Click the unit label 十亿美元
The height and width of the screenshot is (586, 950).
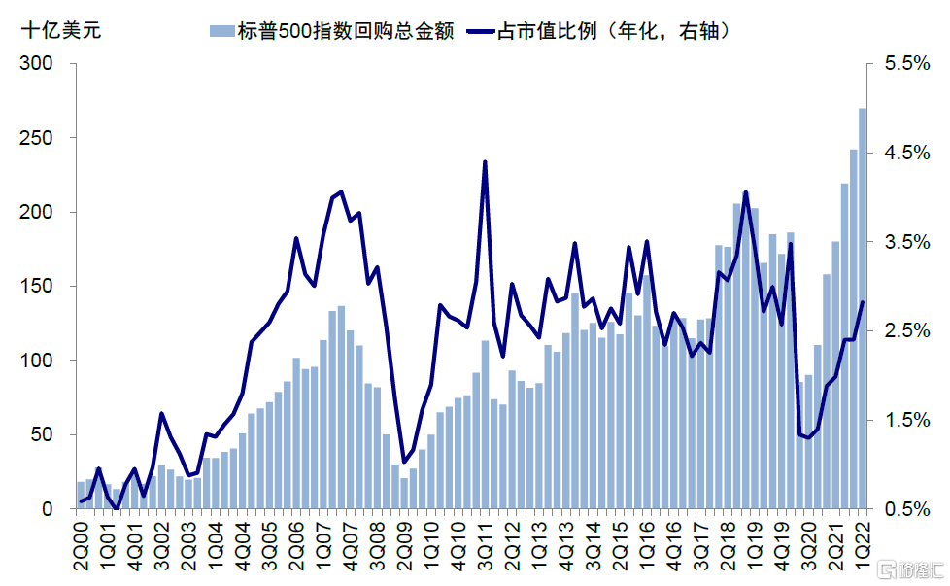(x=60, y=28)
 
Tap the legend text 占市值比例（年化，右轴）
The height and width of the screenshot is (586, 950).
(x=612, y=29)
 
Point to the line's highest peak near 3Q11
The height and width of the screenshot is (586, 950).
(x=485, y=162)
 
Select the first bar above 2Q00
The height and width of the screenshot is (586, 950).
(x=81, y=495)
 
